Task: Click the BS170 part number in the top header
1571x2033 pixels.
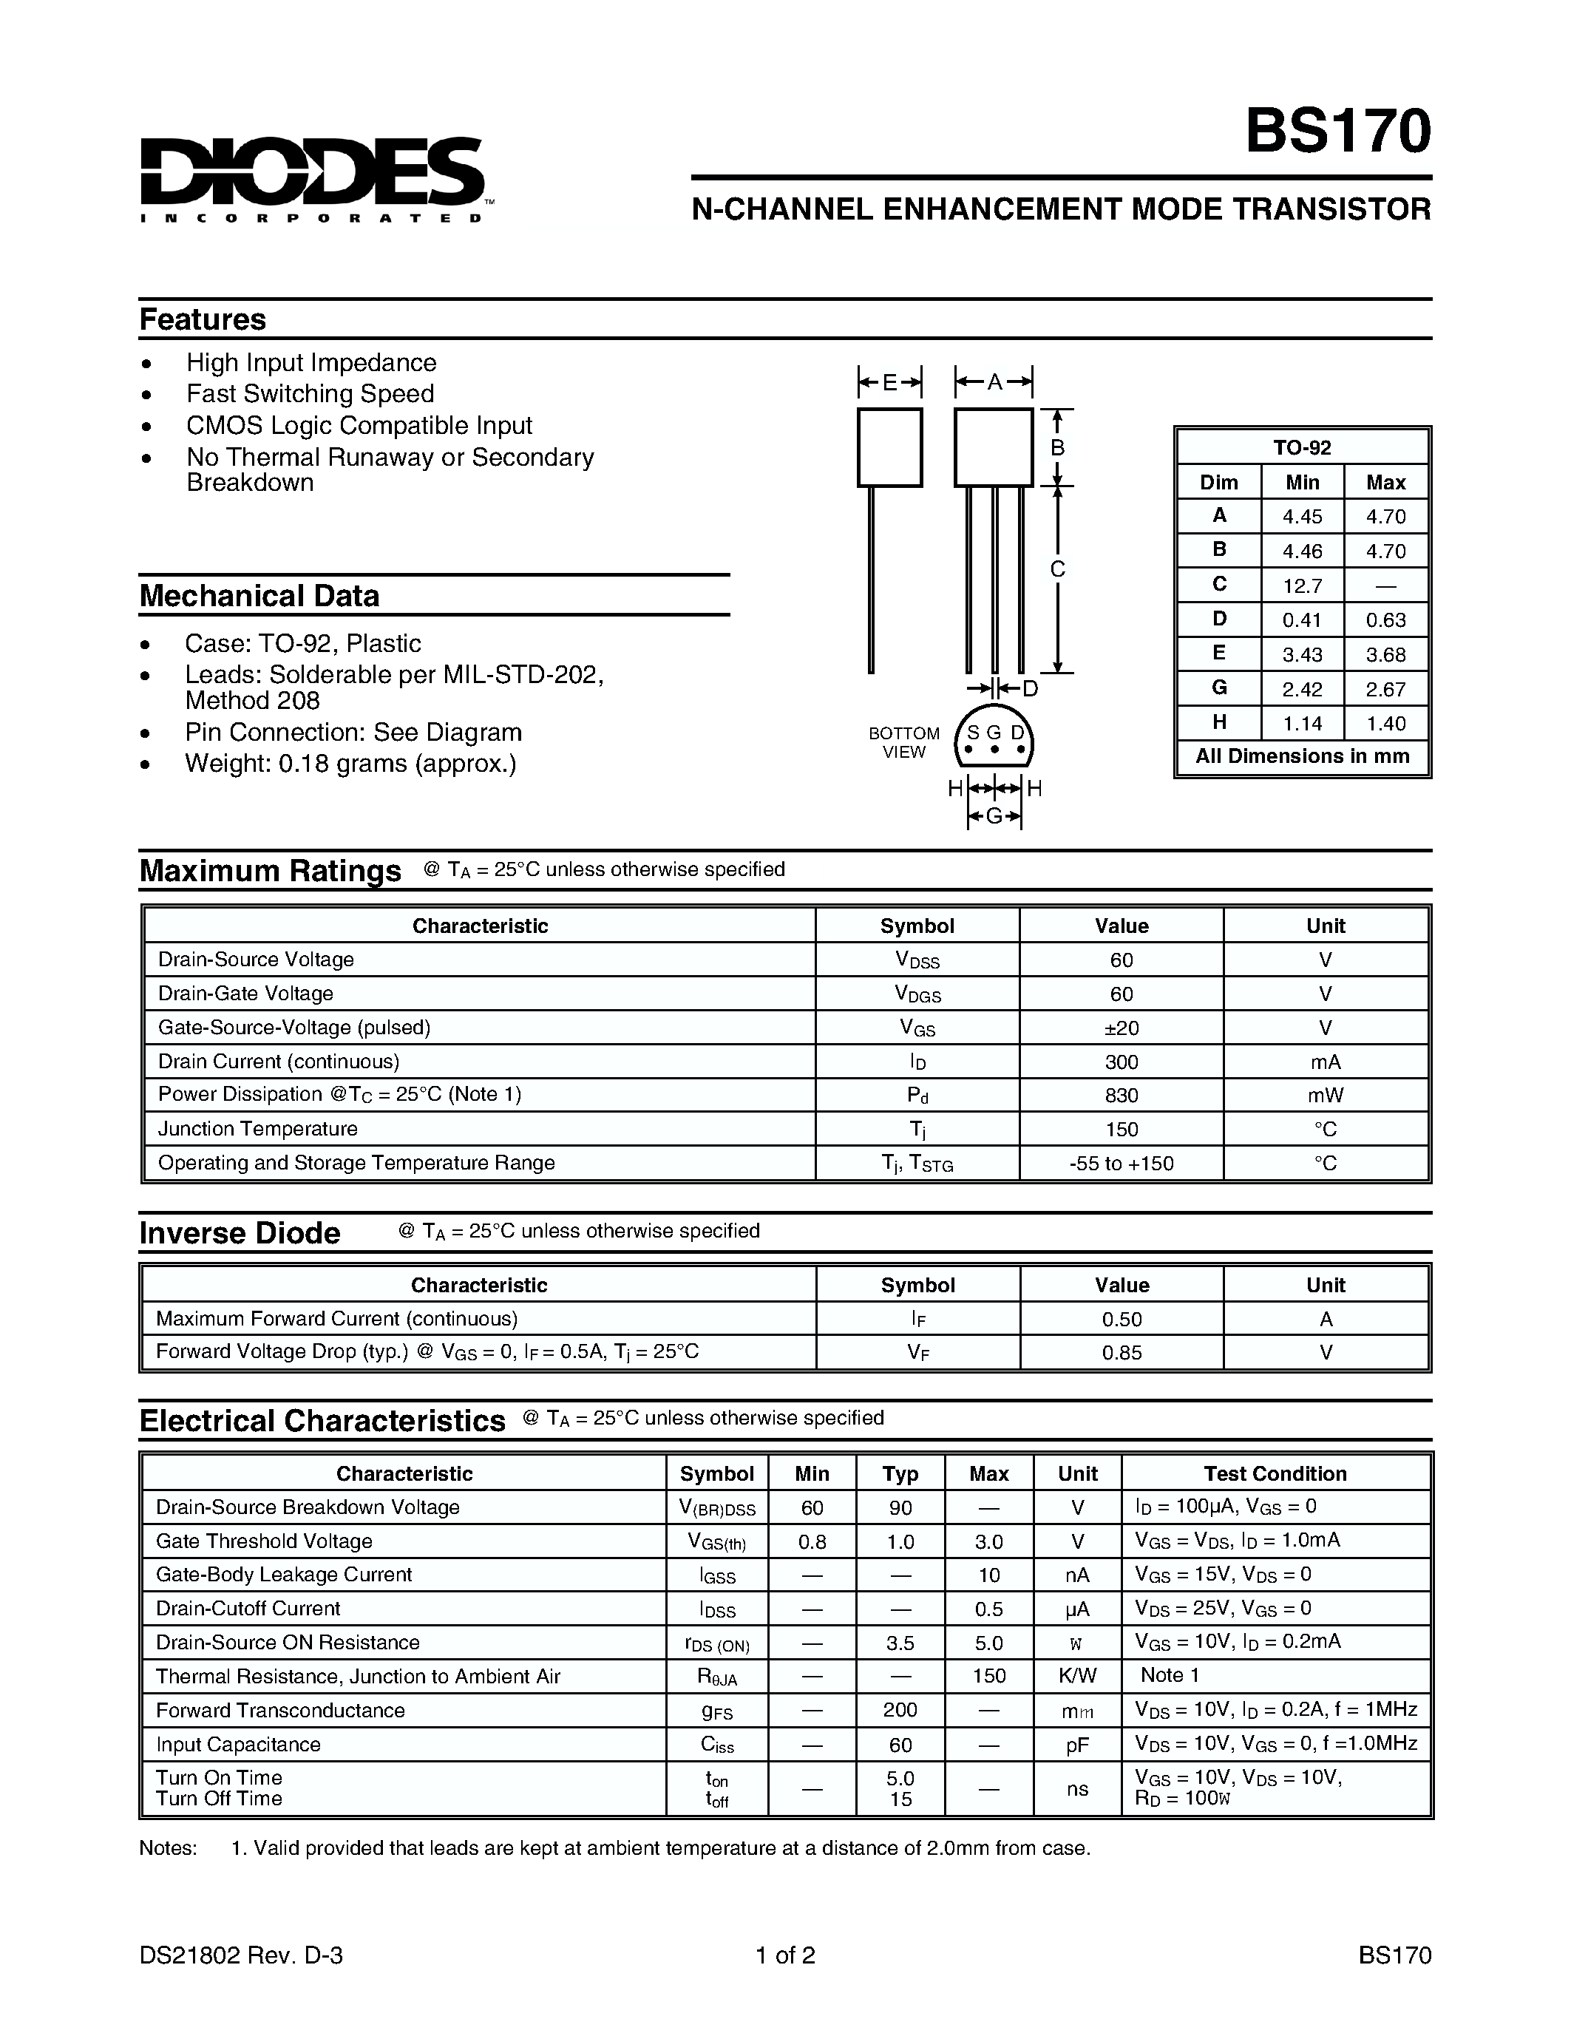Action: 1337,132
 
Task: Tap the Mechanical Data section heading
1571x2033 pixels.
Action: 259,596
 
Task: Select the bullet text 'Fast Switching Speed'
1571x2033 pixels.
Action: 310,394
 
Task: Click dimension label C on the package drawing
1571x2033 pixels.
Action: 1057,569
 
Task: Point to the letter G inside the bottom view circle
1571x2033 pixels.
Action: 994,733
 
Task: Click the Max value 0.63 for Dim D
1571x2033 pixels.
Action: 1385,620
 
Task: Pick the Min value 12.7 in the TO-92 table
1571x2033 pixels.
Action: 1301,586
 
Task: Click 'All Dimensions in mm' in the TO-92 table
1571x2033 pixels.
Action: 1301,756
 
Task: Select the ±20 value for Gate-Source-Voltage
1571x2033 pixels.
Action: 1121,1028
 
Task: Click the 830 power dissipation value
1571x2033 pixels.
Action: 1121,1096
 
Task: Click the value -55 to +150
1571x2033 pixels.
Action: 1121,1164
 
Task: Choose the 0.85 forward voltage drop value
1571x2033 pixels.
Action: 1121,1353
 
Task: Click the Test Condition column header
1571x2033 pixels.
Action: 1274,1473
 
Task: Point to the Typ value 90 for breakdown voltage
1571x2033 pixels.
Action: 900,1508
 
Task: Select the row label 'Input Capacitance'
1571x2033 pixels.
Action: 238,1745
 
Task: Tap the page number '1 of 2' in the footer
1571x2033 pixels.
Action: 785,1955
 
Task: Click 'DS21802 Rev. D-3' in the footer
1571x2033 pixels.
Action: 241,1955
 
